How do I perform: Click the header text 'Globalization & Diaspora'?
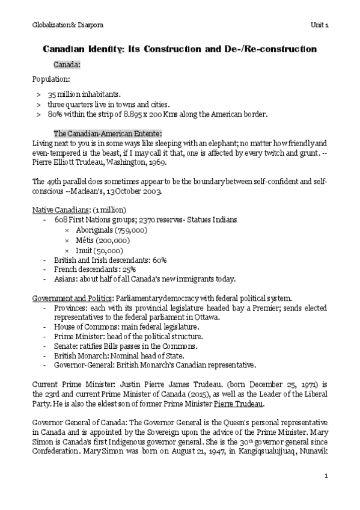(x=58, y=23)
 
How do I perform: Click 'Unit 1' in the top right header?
(x=319, y=23)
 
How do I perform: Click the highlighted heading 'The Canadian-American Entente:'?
(x=108, y=134)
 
